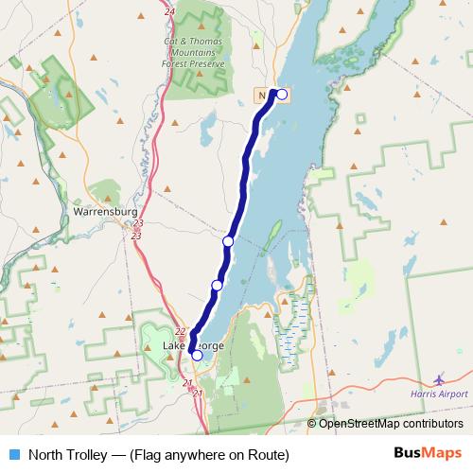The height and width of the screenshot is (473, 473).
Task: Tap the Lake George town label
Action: (x=193, y=346)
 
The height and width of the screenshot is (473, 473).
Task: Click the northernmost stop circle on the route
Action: (x=281, y=94)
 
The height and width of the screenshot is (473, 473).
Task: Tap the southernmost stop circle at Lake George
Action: (x=197, y=356)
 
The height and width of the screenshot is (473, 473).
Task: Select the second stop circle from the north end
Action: (x=228, y=242)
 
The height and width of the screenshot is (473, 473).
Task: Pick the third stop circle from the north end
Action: (x=217, y=285)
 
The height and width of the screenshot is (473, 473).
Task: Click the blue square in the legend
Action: (x=14, y=454)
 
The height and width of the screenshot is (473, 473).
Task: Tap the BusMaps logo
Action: (x=428, y=453)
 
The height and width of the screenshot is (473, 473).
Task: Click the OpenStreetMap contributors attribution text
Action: (x=391, y=424)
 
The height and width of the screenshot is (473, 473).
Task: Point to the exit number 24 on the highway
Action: (x=168, y=11)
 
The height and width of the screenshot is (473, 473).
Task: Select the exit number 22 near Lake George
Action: (x=180, y=331)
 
